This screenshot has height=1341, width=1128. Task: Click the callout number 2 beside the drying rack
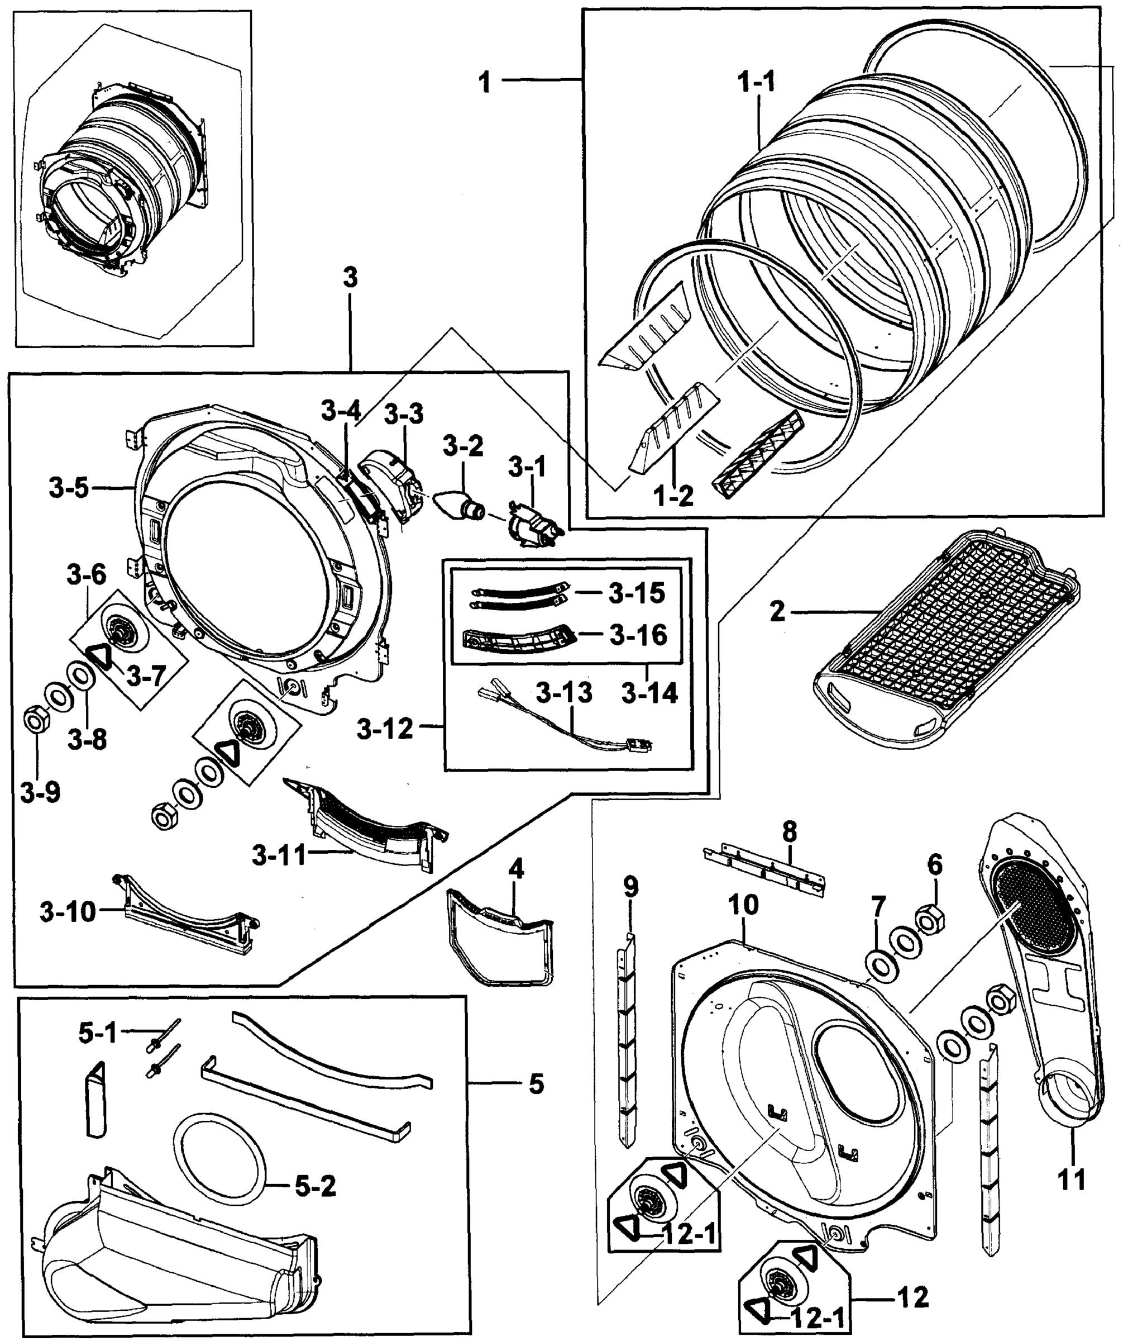pyautogui.click(x=777, y=612)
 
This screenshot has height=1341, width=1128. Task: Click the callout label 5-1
pyautogui.click(x=97, y=1033)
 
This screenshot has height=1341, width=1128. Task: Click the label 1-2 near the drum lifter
pyautogui.click(x=674, y=496)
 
